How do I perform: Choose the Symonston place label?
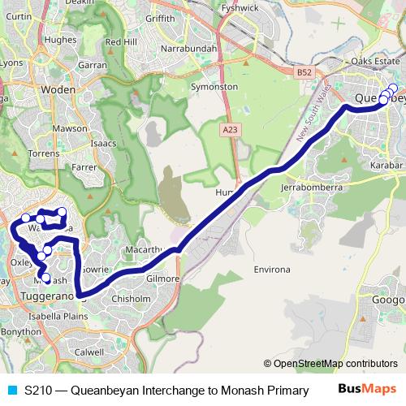pyautogui.click(x=213, y=86)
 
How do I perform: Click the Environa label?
pyautogui.click(x=274, y=267)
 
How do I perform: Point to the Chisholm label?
pyautogui.click(x=130, y=299)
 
